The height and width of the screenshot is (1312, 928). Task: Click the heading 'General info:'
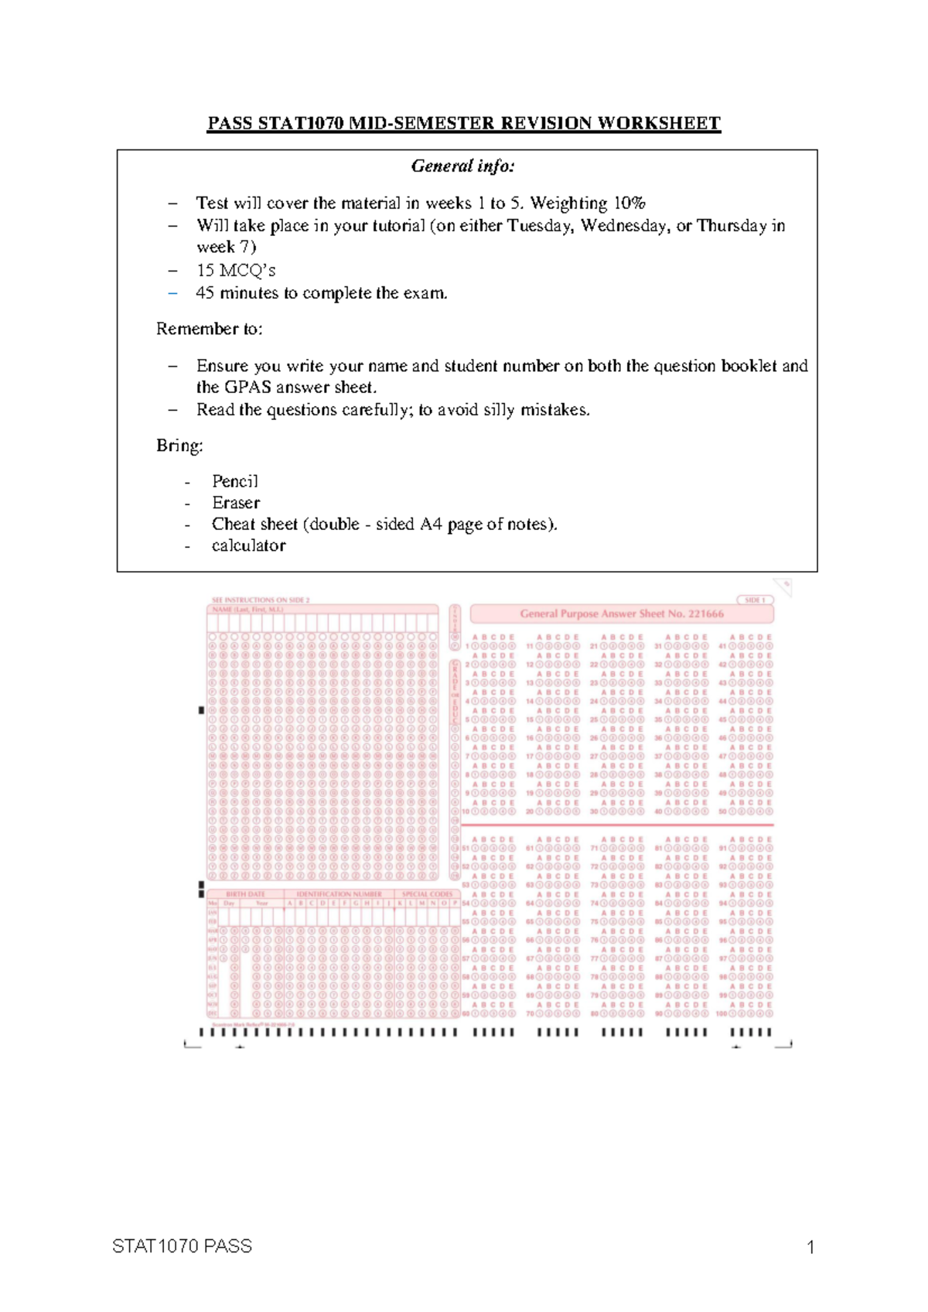coord(462,166)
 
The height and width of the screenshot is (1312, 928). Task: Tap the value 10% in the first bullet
coord(629,203)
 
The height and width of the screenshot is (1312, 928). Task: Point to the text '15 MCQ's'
coord(236,271)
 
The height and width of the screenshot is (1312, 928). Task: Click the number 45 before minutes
coord(205,293)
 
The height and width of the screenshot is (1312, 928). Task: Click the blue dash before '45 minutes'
coord(172,293)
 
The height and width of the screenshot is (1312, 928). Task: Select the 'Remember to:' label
coord(209,329)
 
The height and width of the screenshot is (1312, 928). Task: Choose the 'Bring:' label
coord(179,446)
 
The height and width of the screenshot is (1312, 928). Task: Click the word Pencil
coord(235,481)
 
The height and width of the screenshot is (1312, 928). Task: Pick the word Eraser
coord(236,503)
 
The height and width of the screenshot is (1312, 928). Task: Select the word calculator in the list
coord(248,546)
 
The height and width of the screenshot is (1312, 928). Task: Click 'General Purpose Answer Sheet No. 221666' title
coord(622,614)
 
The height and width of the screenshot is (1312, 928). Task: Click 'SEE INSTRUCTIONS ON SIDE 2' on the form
coord(261,600)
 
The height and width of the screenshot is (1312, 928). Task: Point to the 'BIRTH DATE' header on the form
coord(245,894)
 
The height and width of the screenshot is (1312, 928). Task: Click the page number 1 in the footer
coord(810,1247)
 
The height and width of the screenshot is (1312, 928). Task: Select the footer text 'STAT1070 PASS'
coord(182,1246)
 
